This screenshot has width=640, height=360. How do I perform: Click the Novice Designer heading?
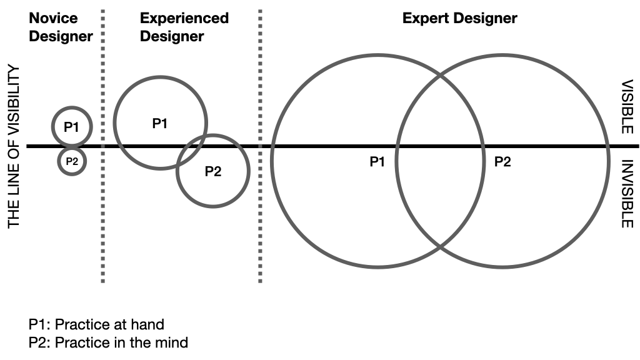(61, 27)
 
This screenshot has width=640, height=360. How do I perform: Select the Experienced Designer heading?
(184, 27)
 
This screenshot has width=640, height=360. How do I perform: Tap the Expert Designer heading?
(459, 18)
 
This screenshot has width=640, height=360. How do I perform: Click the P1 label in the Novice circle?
(72, 127)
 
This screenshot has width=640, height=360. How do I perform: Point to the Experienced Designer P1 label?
(160, 123)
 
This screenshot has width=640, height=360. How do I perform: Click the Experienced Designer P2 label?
(213, 171)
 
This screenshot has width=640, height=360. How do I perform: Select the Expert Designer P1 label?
(377, 162)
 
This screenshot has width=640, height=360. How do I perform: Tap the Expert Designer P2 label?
(502, 162)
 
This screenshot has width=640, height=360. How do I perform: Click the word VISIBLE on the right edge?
(627, 106)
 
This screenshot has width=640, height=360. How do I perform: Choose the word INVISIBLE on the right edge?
(627, 194)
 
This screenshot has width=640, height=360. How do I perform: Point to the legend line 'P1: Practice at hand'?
(96, 324)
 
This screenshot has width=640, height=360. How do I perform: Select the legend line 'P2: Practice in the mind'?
(107, 342)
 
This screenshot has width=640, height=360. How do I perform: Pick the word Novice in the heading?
(53, 18)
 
